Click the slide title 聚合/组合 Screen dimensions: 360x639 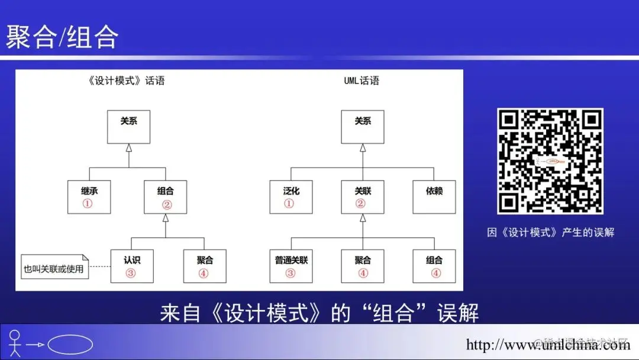(x=62, y=37)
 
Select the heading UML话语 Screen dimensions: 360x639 (x=362, y=81)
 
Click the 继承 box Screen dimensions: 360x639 (x=89, y=197)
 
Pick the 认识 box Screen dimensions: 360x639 (x=132, y=266)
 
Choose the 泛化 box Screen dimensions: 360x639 (x=291, y=197)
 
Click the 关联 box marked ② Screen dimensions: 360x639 (x=362, y=197)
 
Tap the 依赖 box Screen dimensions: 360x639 (x=434, y=197)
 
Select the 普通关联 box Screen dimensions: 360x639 (x=291, y=266)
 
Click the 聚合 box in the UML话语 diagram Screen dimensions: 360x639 (x=362, y=266)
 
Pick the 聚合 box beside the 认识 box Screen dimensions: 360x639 (x=204, y=266)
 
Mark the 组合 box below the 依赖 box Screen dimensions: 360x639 (x=434, y=266)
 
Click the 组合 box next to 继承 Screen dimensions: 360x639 (x=166, y=197)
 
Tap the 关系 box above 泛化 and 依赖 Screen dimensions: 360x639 (x=362, y=127)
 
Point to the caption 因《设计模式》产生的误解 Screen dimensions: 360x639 (x=550, y=233)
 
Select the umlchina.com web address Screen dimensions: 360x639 (x=548, y=345)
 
